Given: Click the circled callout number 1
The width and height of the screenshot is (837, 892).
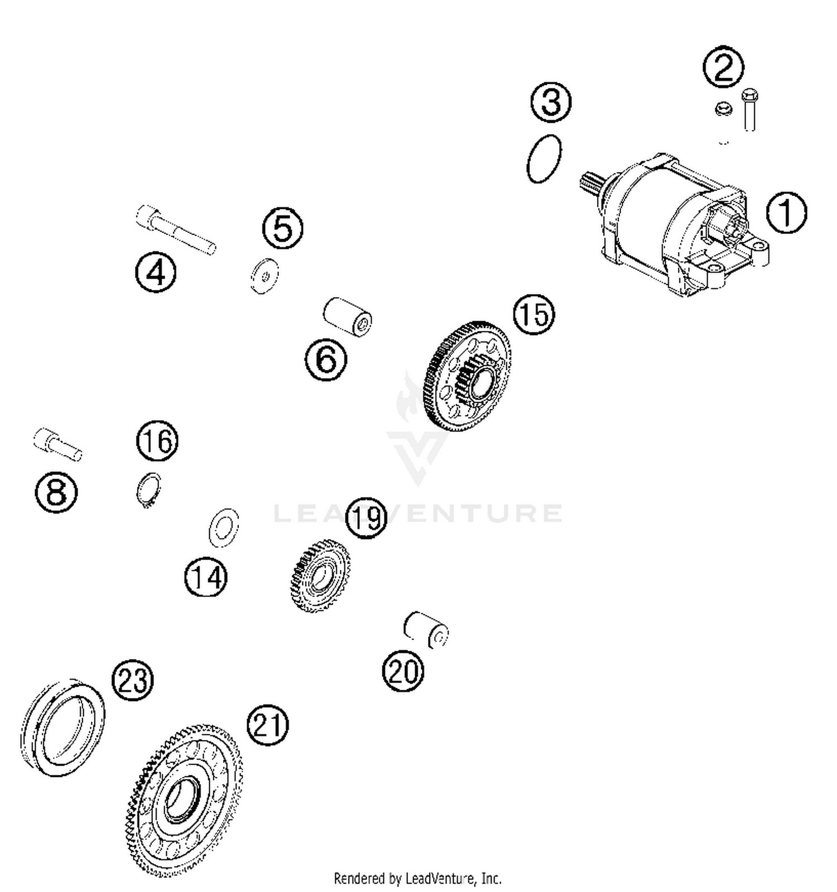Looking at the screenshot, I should coord(786,213).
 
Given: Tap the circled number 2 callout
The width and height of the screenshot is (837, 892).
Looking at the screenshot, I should coord(723,67).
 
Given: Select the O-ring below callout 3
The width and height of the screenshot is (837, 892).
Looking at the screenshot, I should coord(544,158).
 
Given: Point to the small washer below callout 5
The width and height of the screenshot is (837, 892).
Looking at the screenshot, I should coord(264,275).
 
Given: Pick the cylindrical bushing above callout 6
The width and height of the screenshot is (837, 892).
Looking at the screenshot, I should coord(348,317).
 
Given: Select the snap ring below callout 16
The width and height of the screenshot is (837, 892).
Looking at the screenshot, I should coord(149,490).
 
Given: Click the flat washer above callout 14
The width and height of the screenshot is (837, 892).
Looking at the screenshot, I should coord(223,528).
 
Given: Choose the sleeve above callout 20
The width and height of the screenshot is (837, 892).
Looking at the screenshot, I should coord(426,630).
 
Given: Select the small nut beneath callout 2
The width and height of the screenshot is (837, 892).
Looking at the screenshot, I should coord(724,109).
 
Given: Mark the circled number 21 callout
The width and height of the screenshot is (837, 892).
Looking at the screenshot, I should coord(267,724).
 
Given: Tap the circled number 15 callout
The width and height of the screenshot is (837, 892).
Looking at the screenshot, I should coord(534,314).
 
